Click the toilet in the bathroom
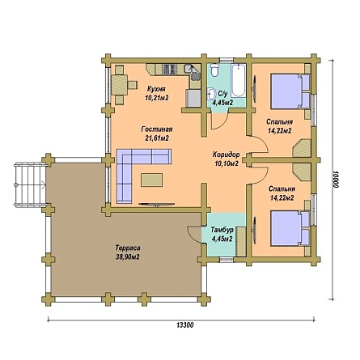click(215, 70)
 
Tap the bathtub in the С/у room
click(239, 80)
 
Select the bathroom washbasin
click(211, 94)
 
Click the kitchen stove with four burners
click(170, 70)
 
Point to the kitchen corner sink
click(193, 73)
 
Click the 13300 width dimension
click(185, 325)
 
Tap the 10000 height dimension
click(335, 179)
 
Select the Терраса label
click(128, 248)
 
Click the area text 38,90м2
click(128, 257)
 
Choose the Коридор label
click(226, 155)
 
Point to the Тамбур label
click(222, 230)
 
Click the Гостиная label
click(157, 129)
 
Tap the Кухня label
click(156, 89)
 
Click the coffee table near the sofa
click(151, 180)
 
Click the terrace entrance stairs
click(30, 184)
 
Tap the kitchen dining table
click(120, 85)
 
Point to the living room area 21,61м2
click(157, 138)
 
